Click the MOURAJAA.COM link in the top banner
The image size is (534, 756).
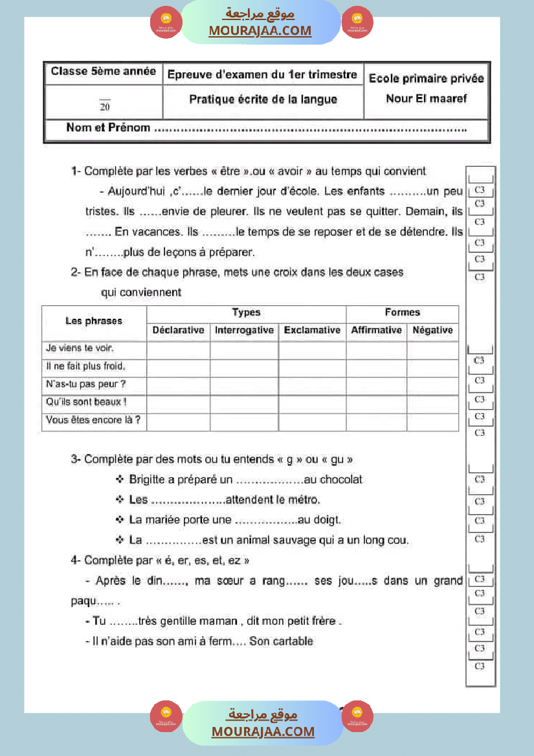(x=260, y=30)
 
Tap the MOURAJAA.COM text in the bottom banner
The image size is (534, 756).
(x=263, y=731)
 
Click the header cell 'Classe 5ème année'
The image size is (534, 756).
(x=104, y=72)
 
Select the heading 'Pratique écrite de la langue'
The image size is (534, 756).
(x=263, y=100)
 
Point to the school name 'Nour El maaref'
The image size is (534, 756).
(x=426, y=99)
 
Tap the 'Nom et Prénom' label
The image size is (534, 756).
(x=108, y=128)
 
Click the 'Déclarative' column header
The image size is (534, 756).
(x=178, y=330)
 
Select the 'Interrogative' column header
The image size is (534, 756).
(x=244, y=330)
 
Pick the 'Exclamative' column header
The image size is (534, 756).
(x=312, y=330)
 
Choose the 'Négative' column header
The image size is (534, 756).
(x=432, y=330)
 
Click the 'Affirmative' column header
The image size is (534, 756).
(x=376, y=330)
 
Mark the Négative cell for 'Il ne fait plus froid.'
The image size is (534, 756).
(x=432, y=367)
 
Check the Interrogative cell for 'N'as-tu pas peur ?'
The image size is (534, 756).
(x=244, y=385)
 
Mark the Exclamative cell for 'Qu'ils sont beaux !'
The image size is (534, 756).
(x=312, y=404)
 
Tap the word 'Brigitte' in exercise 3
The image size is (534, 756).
(x=147, y=480)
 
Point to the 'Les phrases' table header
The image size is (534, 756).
(x=94, y=321)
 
